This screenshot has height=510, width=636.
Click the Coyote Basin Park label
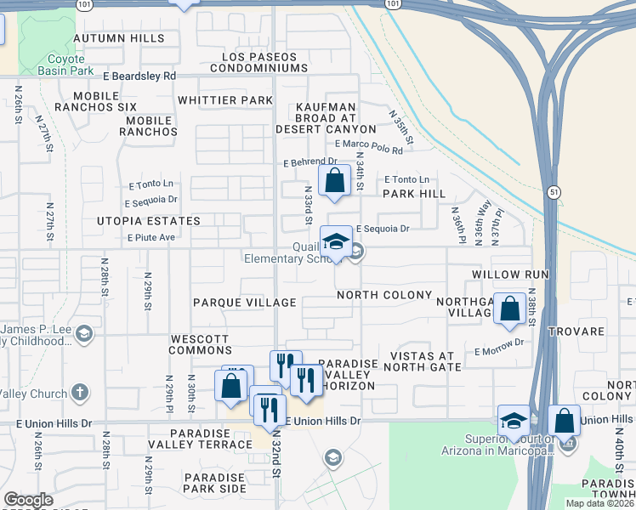click(61, 65)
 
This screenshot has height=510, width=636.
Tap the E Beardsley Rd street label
click(140, 76)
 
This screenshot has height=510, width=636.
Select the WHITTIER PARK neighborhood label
click(225, 100)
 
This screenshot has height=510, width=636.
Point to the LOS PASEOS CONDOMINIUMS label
click(263, 62)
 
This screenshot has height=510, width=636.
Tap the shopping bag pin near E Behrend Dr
click(335, 180)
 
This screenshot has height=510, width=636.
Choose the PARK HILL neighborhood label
click(414, 194)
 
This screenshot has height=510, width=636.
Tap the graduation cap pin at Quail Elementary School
click(336, 241)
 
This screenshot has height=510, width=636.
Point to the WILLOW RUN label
click(510, 275)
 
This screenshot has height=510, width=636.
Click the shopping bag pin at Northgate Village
click(509, 309)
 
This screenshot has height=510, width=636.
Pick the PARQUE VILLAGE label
click(245, 303)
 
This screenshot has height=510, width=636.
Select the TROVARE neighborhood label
click(576, 331)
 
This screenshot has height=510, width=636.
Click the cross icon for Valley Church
click(80, 392)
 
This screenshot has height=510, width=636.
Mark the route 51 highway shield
click(554, 192)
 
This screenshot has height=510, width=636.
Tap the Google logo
click(28, 500)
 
